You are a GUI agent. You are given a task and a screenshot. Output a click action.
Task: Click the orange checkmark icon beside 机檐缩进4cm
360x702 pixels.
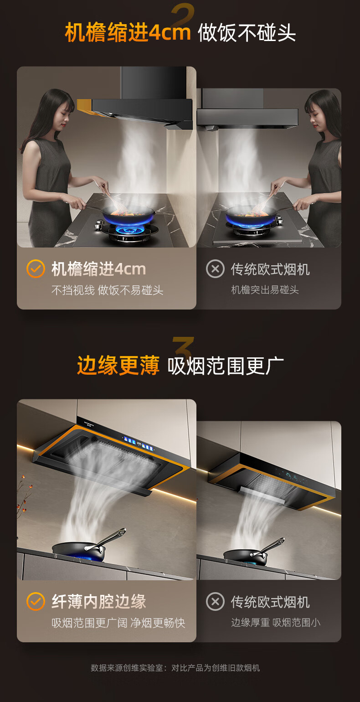(x=36, y=268)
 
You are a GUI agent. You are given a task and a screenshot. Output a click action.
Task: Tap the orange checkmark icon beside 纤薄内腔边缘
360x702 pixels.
(x=36, y=601)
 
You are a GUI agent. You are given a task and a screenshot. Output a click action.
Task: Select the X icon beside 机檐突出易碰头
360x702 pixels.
(x=215, y=268)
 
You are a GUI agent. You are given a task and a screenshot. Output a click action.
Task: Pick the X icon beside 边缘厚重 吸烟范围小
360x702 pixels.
(x=215, y=601)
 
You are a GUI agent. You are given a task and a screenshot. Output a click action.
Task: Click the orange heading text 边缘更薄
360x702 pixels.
(x=118, y=366)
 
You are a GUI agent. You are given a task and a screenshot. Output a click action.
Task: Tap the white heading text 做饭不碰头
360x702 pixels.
(x=247, y=32)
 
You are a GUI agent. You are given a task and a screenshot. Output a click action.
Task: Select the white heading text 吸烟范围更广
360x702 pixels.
(x=226, y=366)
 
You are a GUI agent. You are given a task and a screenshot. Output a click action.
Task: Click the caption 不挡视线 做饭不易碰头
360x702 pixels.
(x=107, y=290)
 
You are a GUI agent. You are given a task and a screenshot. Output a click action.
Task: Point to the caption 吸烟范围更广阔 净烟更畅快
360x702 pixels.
(x=118, y=623)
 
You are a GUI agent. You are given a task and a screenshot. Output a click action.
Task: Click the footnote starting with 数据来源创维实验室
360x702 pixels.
(x=175, y=668)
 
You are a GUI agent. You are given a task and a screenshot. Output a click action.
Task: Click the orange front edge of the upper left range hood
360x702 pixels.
(x=85, y=107)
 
